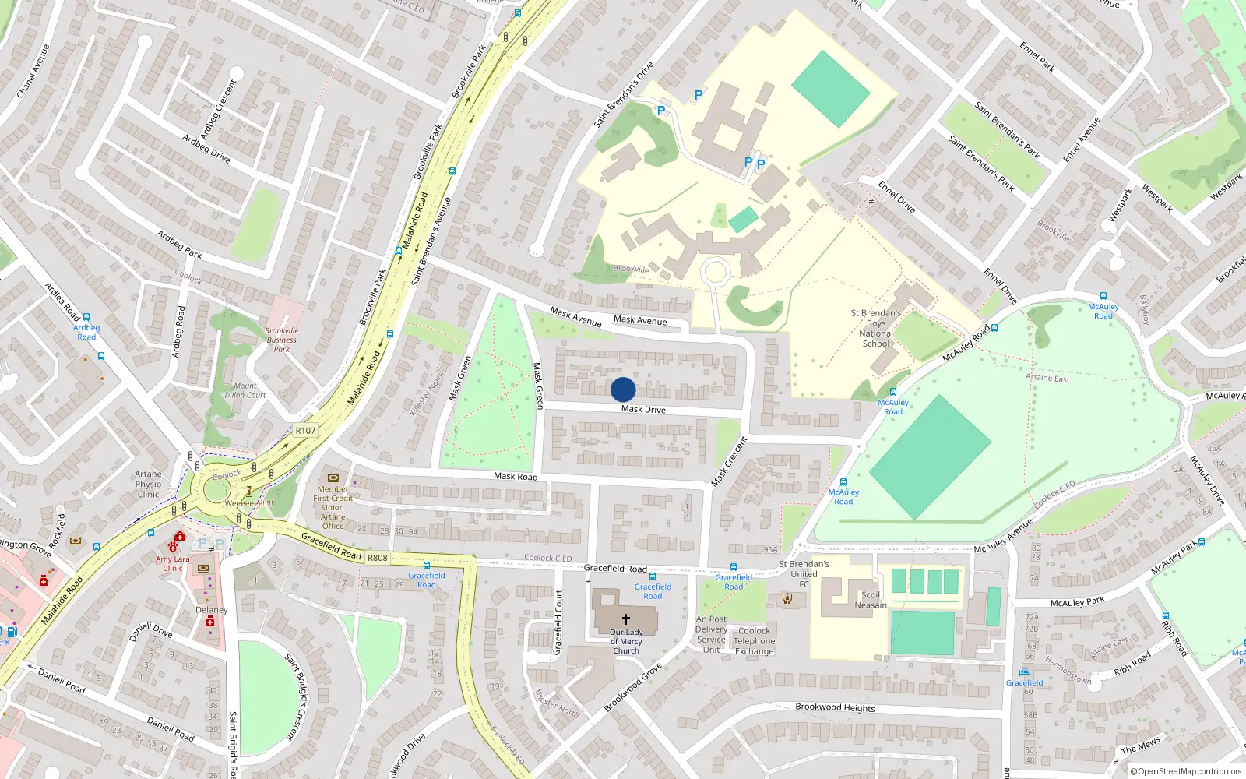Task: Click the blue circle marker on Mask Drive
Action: [623, 389]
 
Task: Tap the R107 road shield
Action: [305, 431]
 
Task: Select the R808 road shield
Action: [378, 558]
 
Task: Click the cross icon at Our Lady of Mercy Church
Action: [626, 619]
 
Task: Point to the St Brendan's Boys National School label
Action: [876, 328]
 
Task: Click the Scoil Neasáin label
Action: [871, 600]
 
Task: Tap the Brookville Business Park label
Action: [282, 340]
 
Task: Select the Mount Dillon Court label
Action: [245, 390]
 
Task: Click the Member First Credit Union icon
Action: [333, 478]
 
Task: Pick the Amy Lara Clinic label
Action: [172, 563]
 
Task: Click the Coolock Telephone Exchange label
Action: [755, 641]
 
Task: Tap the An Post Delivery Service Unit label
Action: [711, 634]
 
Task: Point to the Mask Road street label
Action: [516, 476]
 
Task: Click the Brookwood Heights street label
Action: [835, 707]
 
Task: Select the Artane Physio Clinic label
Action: [148, 484]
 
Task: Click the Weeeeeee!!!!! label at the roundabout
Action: [249, 503]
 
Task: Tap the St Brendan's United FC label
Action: [804, 574]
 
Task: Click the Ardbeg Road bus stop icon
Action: [86, 318]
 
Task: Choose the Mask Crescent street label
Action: [730, 462]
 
